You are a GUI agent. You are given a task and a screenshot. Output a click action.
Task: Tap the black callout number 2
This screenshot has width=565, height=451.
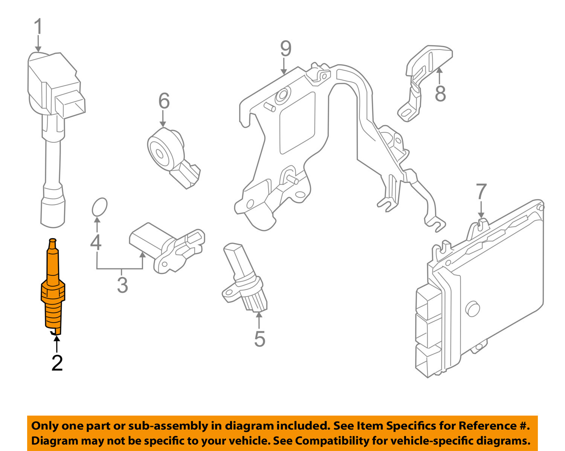point(57,363)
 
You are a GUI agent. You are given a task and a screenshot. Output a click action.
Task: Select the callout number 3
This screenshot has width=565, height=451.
point(122,285)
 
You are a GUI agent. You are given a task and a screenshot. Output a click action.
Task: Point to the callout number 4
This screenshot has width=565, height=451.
point(96,242)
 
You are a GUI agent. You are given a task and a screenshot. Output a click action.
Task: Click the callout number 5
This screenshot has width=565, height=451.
point(260,339)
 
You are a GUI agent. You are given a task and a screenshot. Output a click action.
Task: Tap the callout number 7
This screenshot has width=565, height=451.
point(481,191)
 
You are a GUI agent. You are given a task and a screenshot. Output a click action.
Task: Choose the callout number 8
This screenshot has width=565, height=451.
point(440,93)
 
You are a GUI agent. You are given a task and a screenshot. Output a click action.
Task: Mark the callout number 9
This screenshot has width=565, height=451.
point(286,49)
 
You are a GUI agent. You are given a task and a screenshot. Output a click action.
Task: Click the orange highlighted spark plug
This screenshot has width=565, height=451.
point(53,290)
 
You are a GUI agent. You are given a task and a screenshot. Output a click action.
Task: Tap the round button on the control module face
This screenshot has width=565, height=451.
point(473,309)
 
